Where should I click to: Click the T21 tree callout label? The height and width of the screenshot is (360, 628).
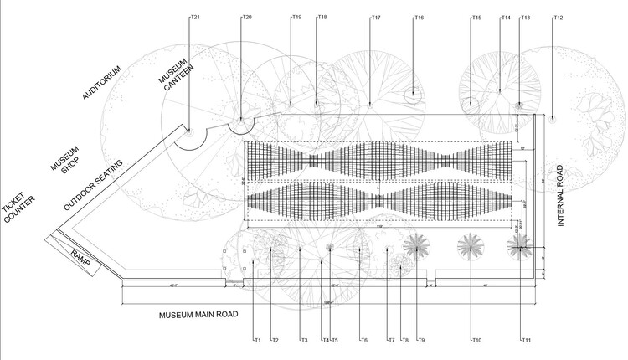tap(195, 17)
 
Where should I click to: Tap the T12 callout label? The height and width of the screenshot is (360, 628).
tap(559, 18)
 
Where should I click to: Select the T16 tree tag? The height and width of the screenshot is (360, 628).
tap(419, 18)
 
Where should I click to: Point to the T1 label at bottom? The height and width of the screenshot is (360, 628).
tap(258, 340)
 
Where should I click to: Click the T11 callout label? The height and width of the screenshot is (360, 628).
tap(527, 340)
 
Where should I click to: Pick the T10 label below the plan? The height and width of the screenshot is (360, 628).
tap(477, 340)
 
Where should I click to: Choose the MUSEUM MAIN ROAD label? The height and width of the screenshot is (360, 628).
tap(198, 315)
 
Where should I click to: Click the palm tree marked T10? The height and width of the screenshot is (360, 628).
tap(470, 245)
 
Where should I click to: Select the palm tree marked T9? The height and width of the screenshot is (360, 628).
tap(416, 245)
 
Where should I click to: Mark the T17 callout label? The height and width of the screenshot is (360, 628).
tap(375, 18)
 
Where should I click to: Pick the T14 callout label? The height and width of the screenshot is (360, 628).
tap(506, 18)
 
